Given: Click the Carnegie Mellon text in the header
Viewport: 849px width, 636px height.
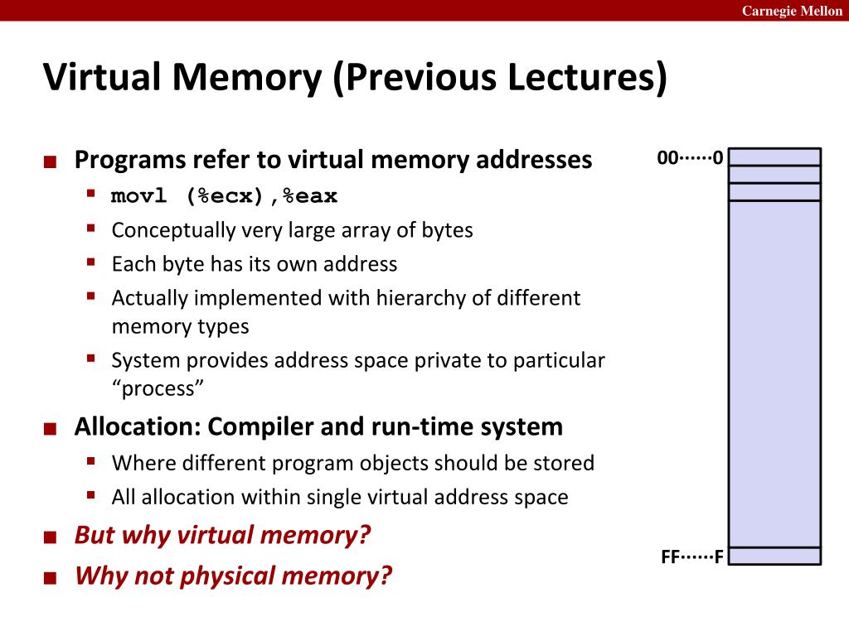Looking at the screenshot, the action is coord(792,11).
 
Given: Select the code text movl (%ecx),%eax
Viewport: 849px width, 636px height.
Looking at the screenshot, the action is coord(225,196).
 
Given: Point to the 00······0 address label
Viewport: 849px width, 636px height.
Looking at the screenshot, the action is coord(690,158).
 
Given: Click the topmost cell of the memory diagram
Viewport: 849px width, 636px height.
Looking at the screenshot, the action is coord(774,157).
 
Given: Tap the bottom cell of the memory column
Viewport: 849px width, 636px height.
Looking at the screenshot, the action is coord(774,556).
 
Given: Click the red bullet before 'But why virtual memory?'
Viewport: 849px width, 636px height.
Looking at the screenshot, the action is coord(51,537).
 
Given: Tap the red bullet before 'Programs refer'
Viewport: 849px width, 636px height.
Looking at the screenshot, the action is coord(51,161).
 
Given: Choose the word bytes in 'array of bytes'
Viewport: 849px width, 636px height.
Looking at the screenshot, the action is coord(449,229).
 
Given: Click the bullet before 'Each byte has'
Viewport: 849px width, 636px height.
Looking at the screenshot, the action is coord(91,263).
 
